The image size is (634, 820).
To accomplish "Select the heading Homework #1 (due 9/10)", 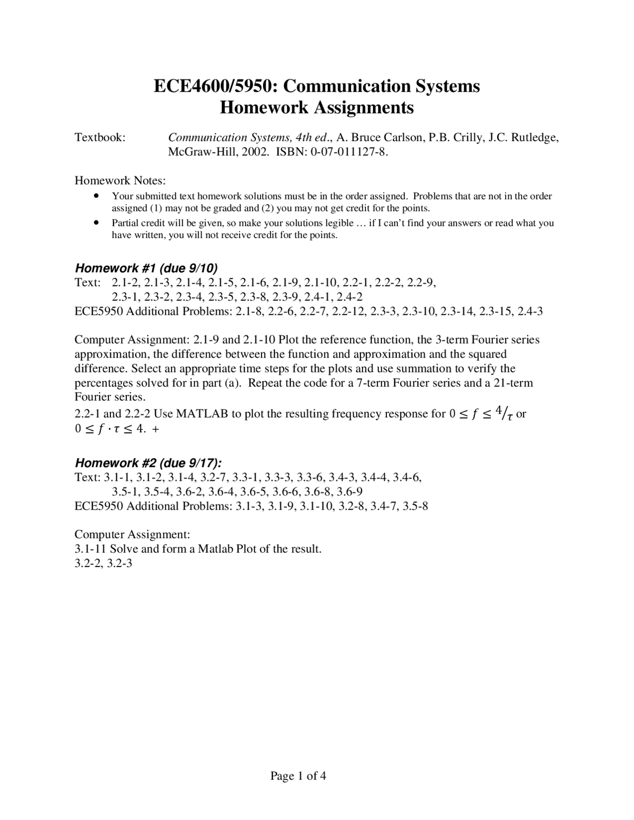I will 146,268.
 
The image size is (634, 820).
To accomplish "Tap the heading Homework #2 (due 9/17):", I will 148,463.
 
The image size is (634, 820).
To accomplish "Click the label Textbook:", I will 100,137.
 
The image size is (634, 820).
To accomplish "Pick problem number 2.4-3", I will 529,311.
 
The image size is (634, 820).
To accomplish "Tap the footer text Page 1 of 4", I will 298,776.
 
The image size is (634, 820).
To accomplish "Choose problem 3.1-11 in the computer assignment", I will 90,549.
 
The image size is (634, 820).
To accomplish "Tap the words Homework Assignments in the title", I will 317,107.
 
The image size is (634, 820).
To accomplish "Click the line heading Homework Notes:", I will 120,180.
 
